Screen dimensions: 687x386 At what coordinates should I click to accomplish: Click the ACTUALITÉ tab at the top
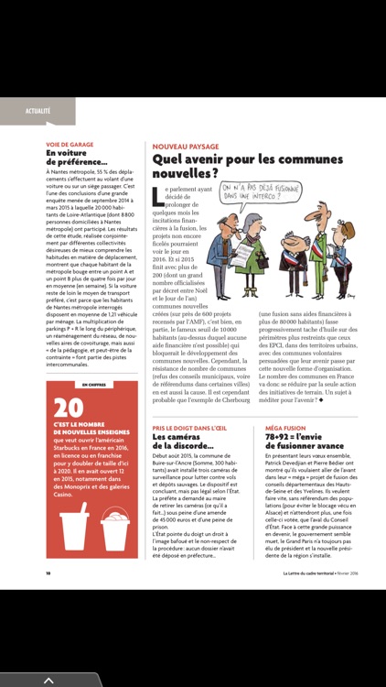point(38,110)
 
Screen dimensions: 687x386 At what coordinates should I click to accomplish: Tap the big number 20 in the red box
point(69,409)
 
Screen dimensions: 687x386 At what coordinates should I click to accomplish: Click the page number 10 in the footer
point(48,574)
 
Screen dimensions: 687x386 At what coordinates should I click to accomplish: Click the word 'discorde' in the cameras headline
point(188,447)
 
